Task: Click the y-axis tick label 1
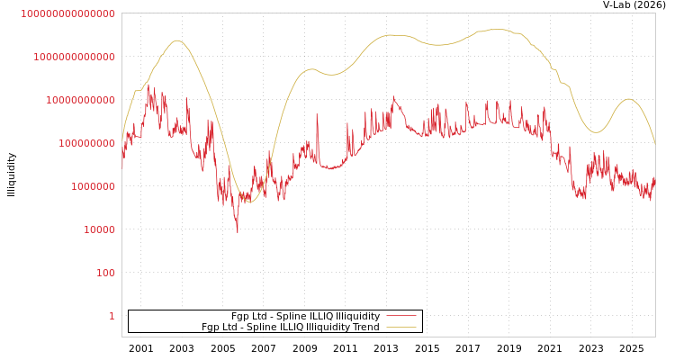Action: point(112,316)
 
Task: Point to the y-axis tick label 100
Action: point(105,273)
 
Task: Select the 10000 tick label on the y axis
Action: point(99,229)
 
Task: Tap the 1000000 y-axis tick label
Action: point(93,186)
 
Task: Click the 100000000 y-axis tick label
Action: point(86,143)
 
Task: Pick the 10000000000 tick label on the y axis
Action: point(80,100)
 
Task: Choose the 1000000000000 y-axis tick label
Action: point(74,57)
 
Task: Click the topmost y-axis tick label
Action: point(67,13)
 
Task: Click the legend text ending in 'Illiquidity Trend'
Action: point(290,327)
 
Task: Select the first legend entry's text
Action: point(305,316)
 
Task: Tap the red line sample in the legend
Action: point(401,316)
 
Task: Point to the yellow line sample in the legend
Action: point(401,327)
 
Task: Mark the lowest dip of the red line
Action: point(238,232)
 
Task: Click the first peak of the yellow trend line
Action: point(177,40)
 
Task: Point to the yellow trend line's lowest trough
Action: point(249,202)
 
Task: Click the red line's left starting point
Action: point(122,167)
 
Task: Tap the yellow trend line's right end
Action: point(655,144)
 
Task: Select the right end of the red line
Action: point(655,177)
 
